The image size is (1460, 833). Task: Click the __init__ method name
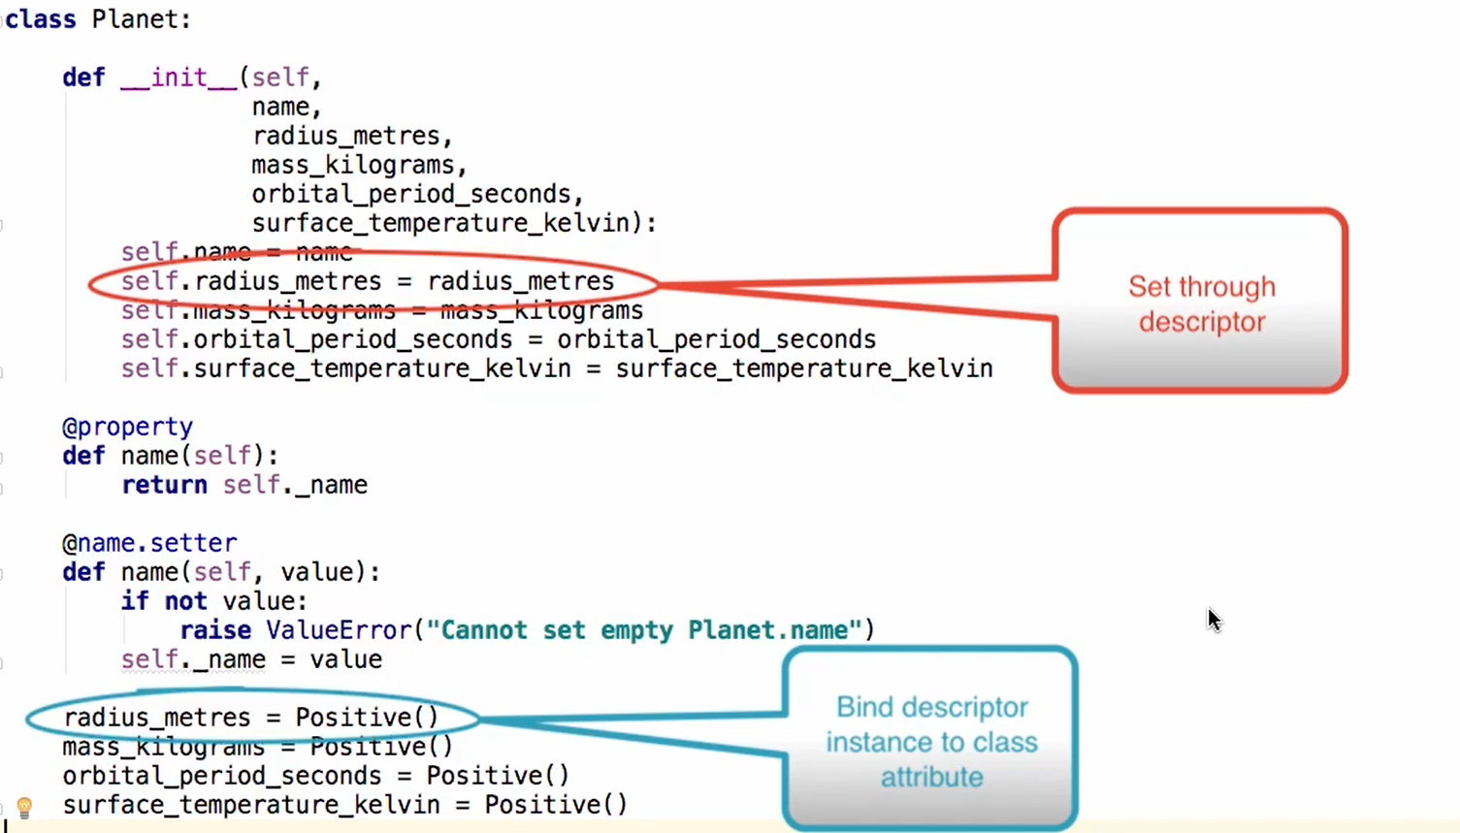[178, 78]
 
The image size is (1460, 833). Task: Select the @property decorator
[127, 427]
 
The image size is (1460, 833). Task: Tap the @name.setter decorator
[149, 543]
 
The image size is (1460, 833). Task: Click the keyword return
[164, 485]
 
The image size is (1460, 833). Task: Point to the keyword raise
[215, 630]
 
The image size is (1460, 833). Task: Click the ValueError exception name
[339, 630]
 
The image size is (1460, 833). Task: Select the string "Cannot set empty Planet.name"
[644, 630]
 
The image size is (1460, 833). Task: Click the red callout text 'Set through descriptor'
[1201, 304]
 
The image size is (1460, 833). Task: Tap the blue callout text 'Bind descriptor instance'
[931, 742]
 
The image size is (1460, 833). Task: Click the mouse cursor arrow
[1214, 619]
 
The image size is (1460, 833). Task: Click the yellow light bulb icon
[25, 807]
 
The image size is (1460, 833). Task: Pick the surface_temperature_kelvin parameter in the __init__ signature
[440, 223]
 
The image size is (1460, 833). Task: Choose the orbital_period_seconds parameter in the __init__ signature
[411, 194]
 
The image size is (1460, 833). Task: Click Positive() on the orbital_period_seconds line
[498, 776]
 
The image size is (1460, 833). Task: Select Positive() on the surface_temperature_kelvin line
[556, 805]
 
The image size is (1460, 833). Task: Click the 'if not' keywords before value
[164, 601]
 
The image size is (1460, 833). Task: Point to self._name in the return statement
[295, 485]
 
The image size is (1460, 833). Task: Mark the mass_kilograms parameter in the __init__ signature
[353, 165]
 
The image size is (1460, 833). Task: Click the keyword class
[41, 19]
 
